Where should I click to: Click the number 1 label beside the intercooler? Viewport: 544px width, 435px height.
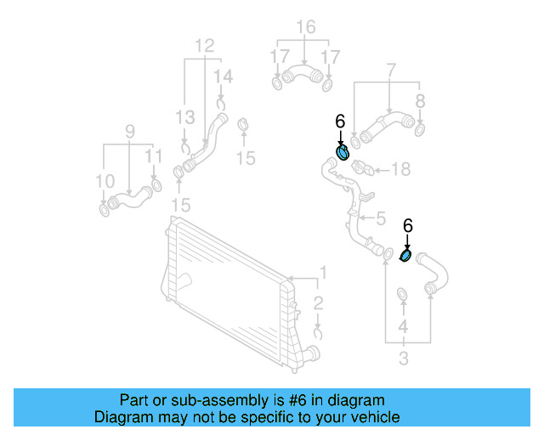(x=322, y=273)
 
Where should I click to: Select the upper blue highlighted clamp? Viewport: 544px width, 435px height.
(x=343, y=153)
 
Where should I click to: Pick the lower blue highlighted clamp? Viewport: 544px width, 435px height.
(x=406, y=255)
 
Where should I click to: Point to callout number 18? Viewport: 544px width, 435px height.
(x=399, y=170)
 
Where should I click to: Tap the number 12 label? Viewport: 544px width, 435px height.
(x=205, y=45)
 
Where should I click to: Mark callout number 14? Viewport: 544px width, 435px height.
(x=223, y=77)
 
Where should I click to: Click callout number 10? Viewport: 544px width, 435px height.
(x=105, y=181)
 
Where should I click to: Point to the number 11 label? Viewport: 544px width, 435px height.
(x=153, y=156)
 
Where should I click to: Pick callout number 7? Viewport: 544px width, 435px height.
(x=390, y=69)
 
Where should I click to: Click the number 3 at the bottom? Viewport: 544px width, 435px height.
(x=404, y=359)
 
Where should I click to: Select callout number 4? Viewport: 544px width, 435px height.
(x=404, y=326)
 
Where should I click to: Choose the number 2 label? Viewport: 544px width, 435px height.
(x=317, y=303)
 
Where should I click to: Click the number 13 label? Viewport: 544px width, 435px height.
(x=185, y=116)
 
